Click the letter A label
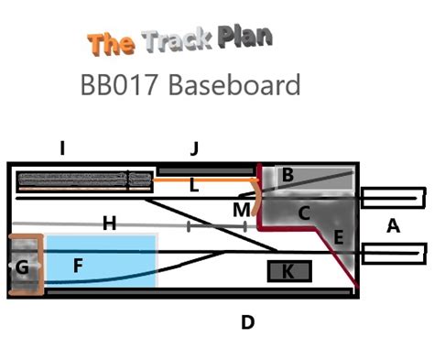[x=393, y=226]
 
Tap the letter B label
[x=288, y=175]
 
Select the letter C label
[x=304, y=213]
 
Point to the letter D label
[x=248, y=322]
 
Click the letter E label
[x=339, y=237]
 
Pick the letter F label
[x=78, y=265]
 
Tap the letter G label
[x=22, y=267]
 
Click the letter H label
[x=110, y=224]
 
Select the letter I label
[x=62, y=148]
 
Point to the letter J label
[x=194, y=148]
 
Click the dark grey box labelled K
[x=289, y=271]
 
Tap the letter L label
[x=194, y=185]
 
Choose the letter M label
[x=242, y=210]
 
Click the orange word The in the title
[x=111, y=45]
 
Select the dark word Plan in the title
[x=244, y=38]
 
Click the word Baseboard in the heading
[x=234, y=84]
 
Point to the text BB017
[x=119, y=85]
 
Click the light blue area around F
[x=101, y=261]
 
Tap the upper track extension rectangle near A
[x=393, y=198]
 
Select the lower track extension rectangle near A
[x=395, y=254]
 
